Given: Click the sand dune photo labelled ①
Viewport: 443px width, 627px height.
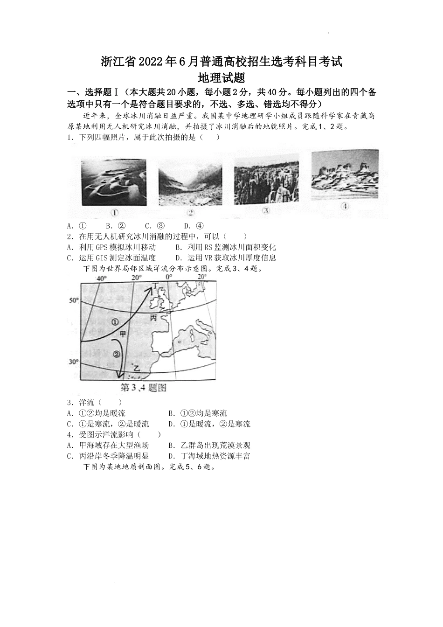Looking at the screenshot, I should (x=114, y=182).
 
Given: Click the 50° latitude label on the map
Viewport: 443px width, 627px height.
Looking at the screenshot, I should (x=74, y=301).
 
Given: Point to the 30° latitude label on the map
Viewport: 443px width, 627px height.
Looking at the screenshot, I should (x=74, y=362).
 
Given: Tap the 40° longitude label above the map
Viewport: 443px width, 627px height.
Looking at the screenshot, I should (x=101, y=278).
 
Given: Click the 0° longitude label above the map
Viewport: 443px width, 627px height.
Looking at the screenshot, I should (x=169, y=277).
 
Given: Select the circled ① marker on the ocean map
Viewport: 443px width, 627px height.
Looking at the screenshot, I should (x=115, y=322).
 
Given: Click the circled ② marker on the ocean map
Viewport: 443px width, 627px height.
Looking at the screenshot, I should (x=116, y=354).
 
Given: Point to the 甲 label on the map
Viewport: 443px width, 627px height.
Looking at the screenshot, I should (x=123, y=334).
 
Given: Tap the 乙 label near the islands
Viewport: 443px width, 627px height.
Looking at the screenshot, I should (x=136, y=368).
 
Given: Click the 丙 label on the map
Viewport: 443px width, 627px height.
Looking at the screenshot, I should (x=153, y=317).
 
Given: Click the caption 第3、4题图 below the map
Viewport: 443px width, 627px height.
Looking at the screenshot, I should (x=144, y=388).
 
